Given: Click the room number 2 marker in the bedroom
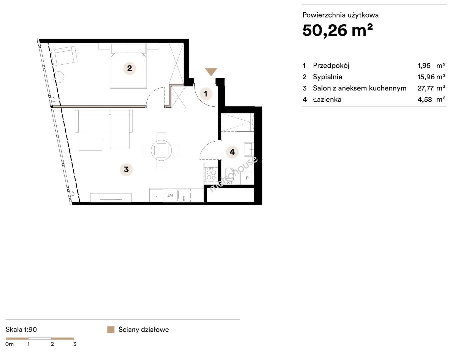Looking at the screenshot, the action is coord(129,68).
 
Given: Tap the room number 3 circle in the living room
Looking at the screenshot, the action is coord(126,169).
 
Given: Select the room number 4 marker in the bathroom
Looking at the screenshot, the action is coord(232,152).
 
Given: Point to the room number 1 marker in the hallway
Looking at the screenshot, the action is coord(206,94).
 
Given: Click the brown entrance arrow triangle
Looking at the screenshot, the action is coord(211,72).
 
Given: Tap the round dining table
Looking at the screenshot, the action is coord(161,150).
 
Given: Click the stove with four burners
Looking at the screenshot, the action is coord(211,174).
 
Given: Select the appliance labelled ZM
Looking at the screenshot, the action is coord(170,195).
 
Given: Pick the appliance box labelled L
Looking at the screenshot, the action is coord(156,195).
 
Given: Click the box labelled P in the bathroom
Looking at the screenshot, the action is coord(247,178).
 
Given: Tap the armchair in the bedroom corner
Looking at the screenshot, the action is coord(65,56).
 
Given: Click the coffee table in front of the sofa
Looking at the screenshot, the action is coord(90,145).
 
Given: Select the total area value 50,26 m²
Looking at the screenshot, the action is coord(338,30).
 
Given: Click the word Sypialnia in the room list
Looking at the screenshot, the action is coord(328,77).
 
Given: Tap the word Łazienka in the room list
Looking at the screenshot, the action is coord(327,99).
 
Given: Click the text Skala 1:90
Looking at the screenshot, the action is coord(21,329).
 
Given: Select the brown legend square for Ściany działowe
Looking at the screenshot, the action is coord(111,330).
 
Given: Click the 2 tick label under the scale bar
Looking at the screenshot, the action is coord(52,344).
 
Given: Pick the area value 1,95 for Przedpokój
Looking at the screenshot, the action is coord(424,66).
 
